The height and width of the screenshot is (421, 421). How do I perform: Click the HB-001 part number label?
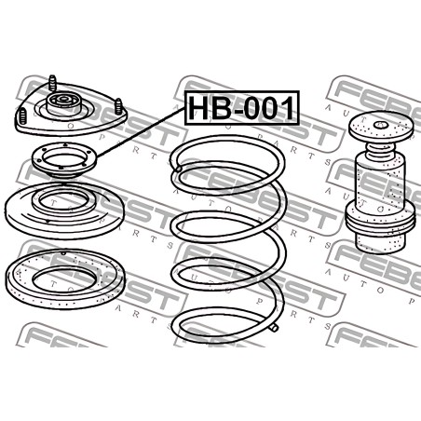[x=242, y=108]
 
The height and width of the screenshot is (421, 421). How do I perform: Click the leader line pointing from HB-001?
[x=141, y=133]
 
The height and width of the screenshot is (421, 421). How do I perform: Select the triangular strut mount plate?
[x=71, y=109]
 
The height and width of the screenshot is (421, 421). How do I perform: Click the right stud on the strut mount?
[x=118, y=106]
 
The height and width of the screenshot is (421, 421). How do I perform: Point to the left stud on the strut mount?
[x=22, y=115]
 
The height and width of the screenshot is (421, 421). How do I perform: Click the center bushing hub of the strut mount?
[x=64, y=103]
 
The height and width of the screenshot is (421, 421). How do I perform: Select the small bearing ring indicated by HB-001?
[x=64, y=160]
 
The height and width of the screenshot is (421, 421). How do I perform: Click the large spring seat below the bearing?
[x=64, y=210]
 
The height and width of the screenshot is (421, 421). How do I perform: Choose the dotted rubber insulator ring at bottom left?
[x=66, y=278]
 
